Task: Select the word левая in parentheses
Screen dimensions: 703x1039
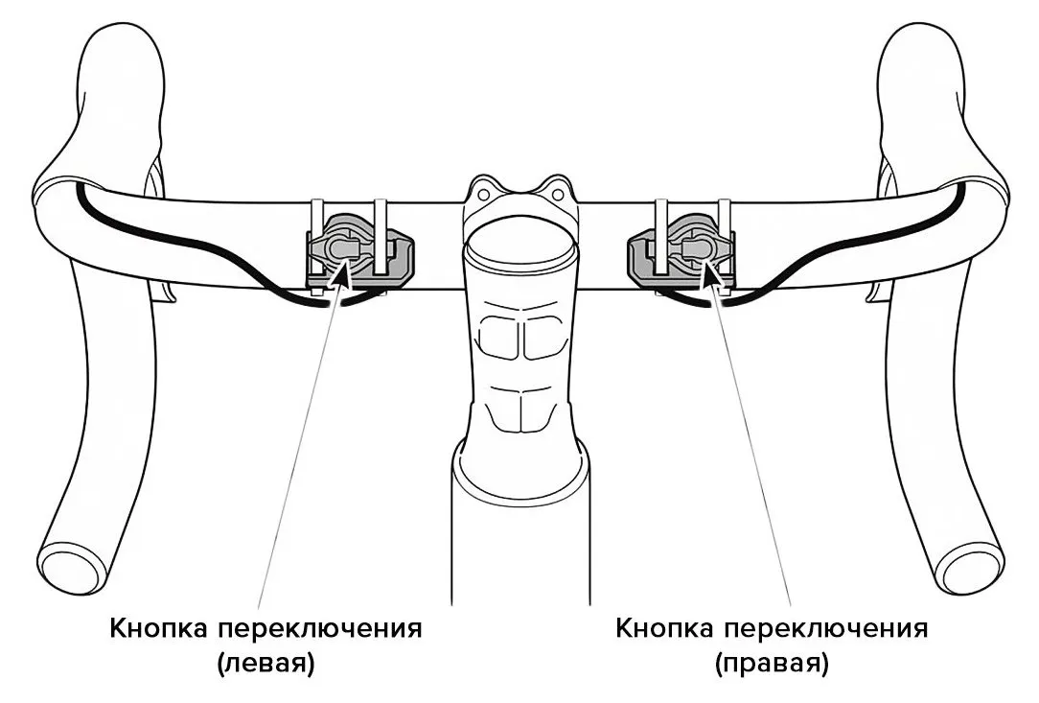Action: tap(266, 663)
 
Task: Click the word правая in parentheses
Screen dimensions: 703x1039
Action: tap(771, 663)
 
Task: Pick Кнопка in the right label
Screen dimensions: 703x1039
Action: tap(663, 629)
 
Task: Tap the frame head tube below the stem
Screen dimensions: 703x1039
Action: tap(518, 537)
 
